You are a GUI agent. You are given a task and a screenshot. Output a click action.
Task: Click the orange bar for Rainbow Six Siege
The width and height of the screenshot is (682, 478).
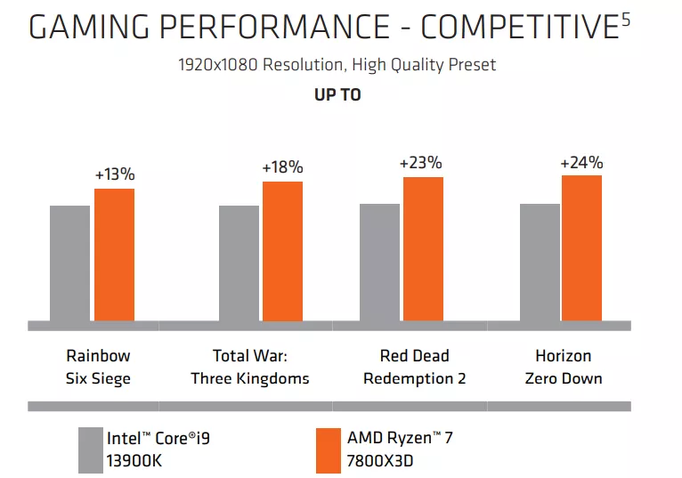tap(114, 254)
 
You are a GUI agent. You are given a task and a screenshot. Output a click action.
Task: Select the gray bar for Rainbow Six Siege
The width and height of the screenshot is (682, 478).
tap(69, 263)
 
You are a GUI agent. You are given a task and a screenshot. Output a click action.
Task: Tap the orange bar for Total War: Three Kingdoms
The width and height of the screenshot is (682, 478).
tap(282, 250)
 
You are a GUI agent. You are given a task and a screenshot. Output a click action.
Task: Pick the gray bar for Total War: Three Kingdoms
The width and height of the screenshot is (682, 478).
tap(239, 263)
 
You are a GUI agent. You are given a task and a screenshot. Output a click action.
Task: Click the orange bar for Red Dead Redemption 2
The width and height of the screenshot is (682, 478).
tap(423, 248)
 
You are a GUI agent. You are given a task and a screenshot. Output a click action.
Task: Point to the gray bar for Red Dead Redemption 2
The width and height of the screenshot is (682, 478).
tap(379, 262)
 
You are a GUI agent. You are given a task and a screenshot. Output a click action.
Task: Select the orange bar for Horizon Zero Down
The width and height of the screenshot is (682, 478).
tap(582, 247)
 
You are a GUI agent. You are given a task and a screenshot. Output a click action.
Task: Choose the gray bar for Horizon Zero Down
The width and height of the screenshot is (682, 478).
tap(540, 262)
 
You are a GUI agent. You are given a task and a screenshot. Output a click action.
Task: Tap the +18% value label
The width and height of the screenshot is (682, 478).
tap(282, 167)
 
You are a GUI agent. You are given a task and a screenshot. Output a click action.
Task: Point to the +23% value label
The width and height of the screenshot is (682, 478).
tap(420, 163)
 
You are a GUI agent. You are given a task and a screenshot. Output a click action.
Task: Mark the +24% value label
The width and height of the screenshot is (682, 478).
tap(581, 163)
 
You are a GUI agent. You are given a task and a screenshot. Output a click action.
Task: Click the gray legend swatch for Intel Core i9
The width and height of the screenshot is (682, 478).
tap(90, 450)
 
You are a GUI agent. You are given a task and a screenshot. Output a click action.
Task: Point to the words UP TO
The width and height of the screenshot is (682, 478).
tap(337, 94)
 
